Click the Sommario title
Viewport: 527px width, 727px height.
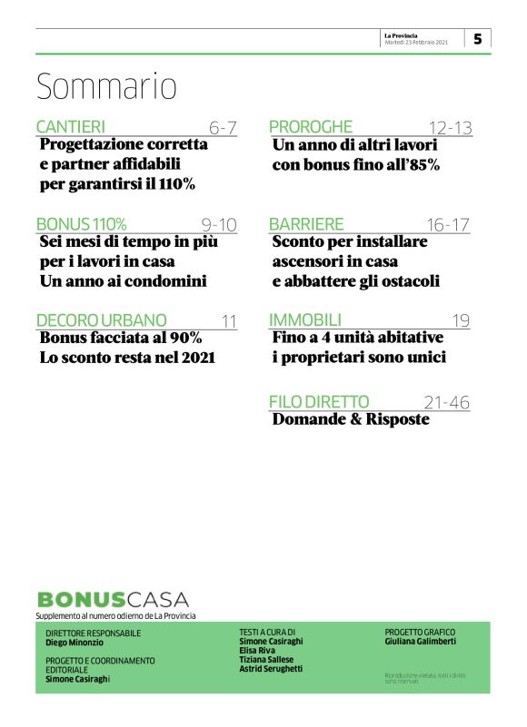tap(106, 86)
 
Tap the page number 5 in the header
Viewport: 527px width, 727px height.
tap(477, 39)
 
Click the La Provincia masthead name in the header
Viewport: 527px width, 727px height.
tap(400, 35)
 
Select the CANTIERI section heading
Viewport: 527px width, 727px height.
tap(71, 127)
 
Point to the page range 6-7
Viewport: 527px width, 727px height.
tap(222, 128)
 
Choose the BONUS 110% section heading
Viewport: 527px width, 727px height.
tap(81, 224)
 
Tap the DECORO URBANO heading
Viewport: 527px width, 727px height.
tap(101, 320)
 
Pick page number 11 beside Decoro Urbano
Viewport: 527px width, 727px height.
tap(228, 321)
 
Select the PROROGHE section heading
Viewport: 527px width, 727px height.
tap(310, 127)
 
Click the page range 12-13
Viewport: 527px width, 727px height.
tap(451, 128)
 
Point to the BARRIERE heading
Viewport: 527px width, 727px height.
tap(306, 224)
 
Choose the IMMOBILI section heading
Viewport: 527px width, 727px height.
tap(305, 320)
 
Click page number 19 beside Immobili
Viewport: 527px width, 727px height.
tap(461, 321)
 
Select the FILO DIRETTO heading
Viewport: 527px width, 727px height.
tap(319, 402)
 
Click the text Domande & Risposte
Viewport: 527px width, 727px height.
tap(351, 420)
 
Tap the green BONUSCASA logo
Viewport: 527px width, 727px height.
tap(113, 599)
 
